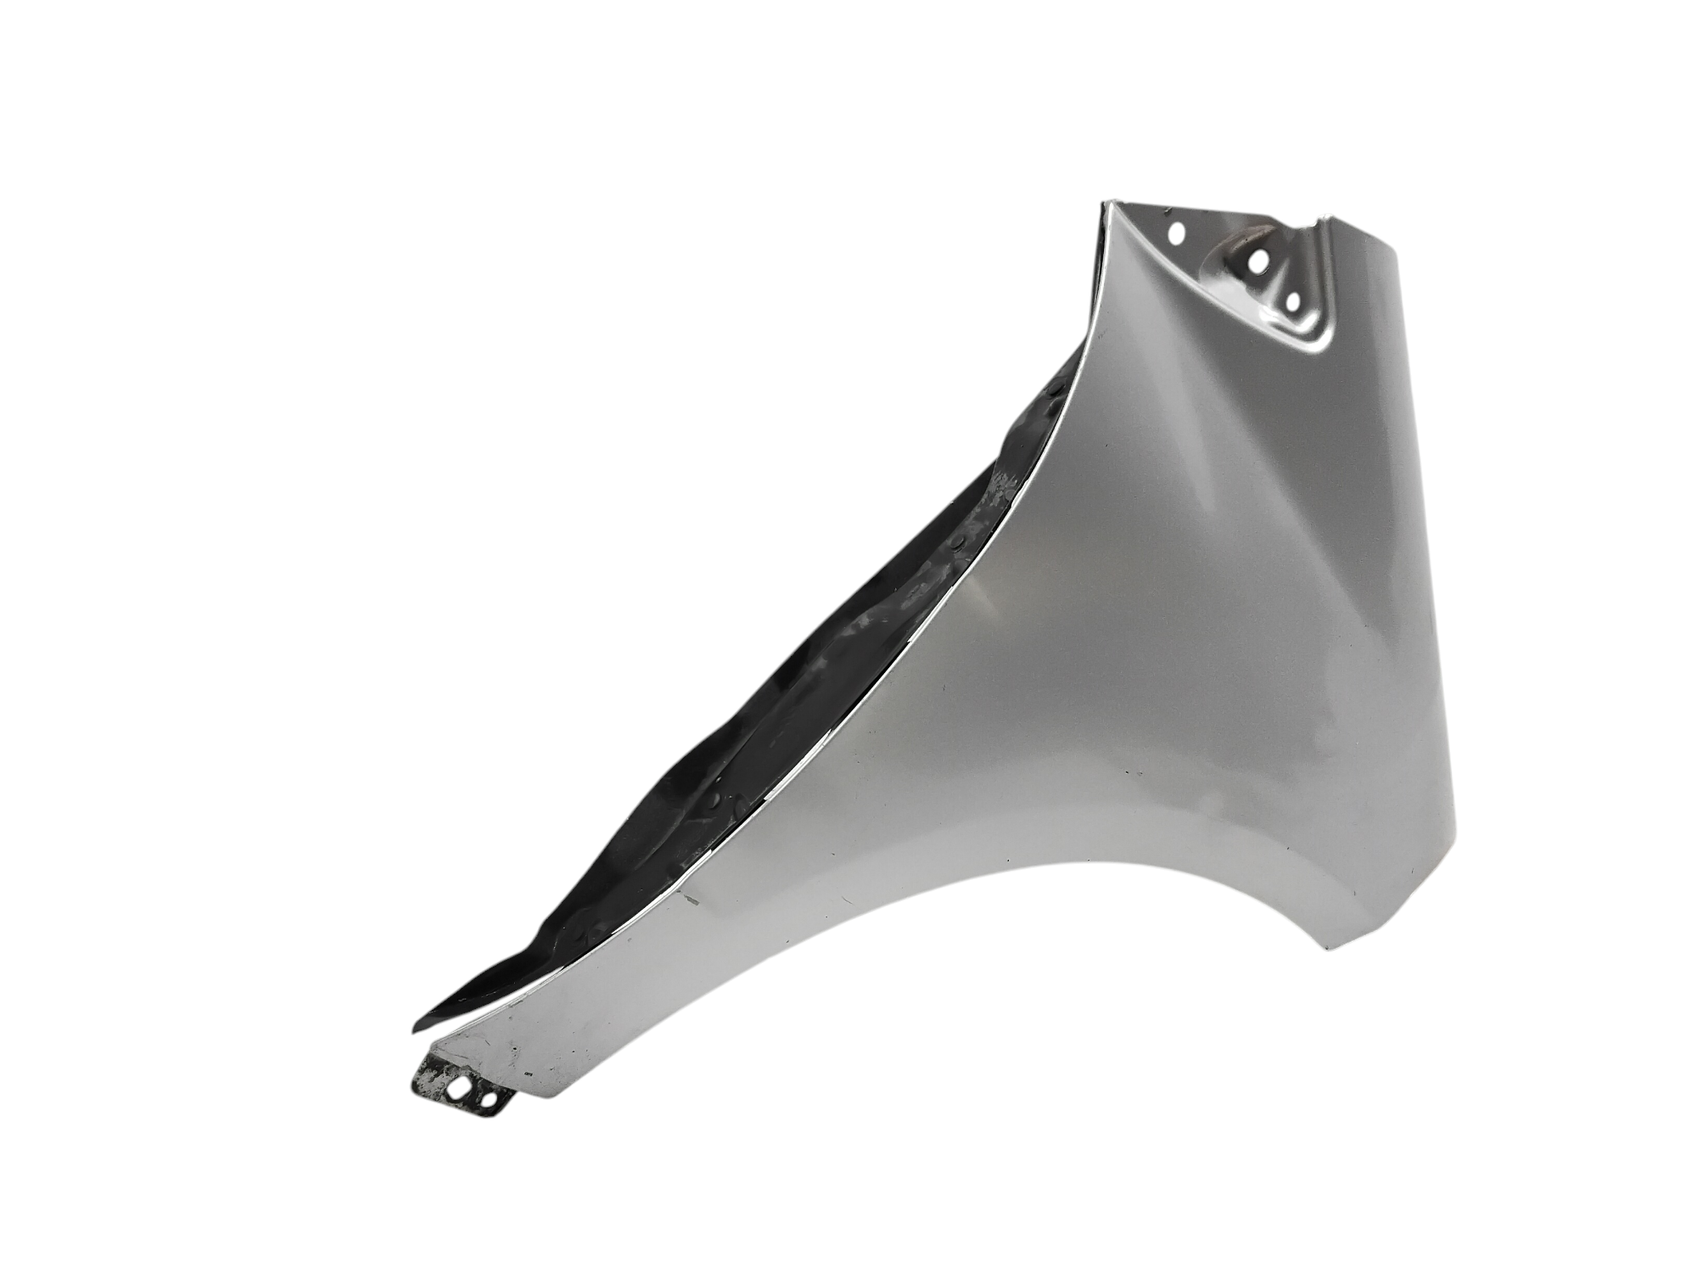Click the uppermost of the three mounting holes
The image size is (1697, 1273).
1177,232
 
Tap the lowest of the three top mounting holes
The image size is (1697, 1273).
1293,300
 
